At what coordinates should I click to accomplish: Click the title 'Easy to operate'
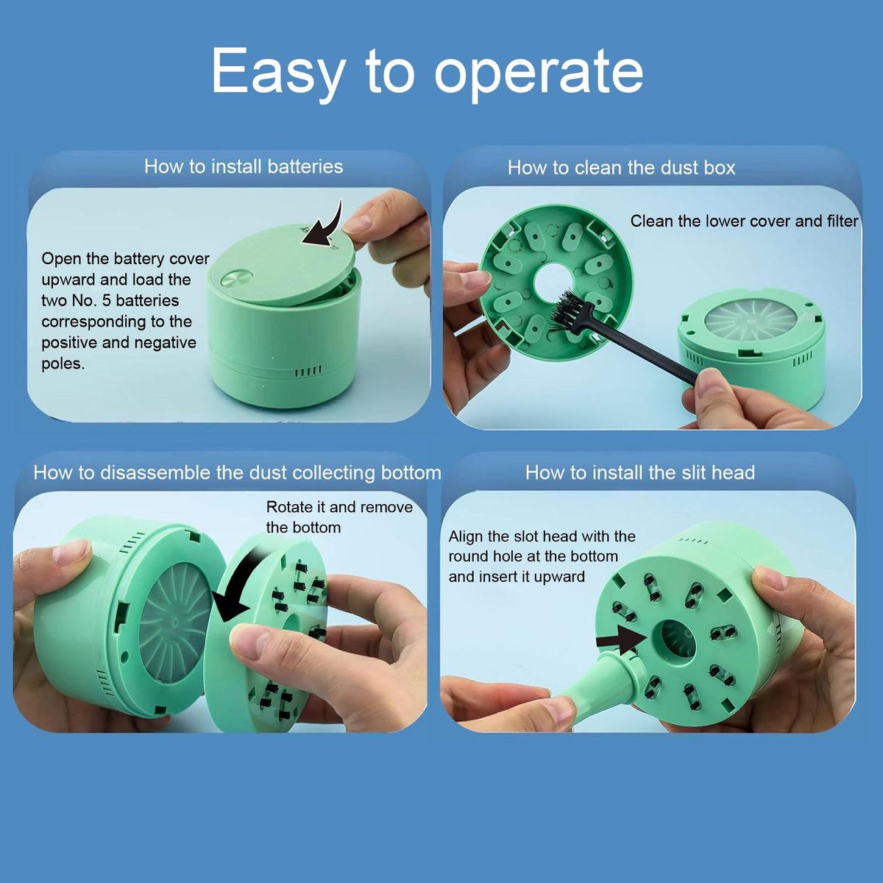(427, 71)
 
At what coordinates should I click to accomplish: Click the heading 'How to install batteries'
(244, 166)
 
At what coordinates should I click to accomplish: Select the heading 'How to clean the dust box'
(621, 168)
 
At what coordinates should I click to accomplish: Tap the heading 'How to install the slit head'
(640, 472)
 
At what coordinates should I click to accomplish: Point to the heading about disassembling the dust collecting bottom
(238, 472)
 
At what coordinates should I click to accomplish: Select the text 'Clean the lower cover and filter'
(744, 221)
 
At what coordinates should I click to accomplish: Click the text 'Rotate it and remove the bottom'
(339, 517)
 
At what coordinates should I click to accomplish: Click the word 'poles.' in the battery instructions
(63, 364)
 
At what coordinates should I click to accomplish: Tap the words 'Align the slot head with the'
(542, 536)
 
